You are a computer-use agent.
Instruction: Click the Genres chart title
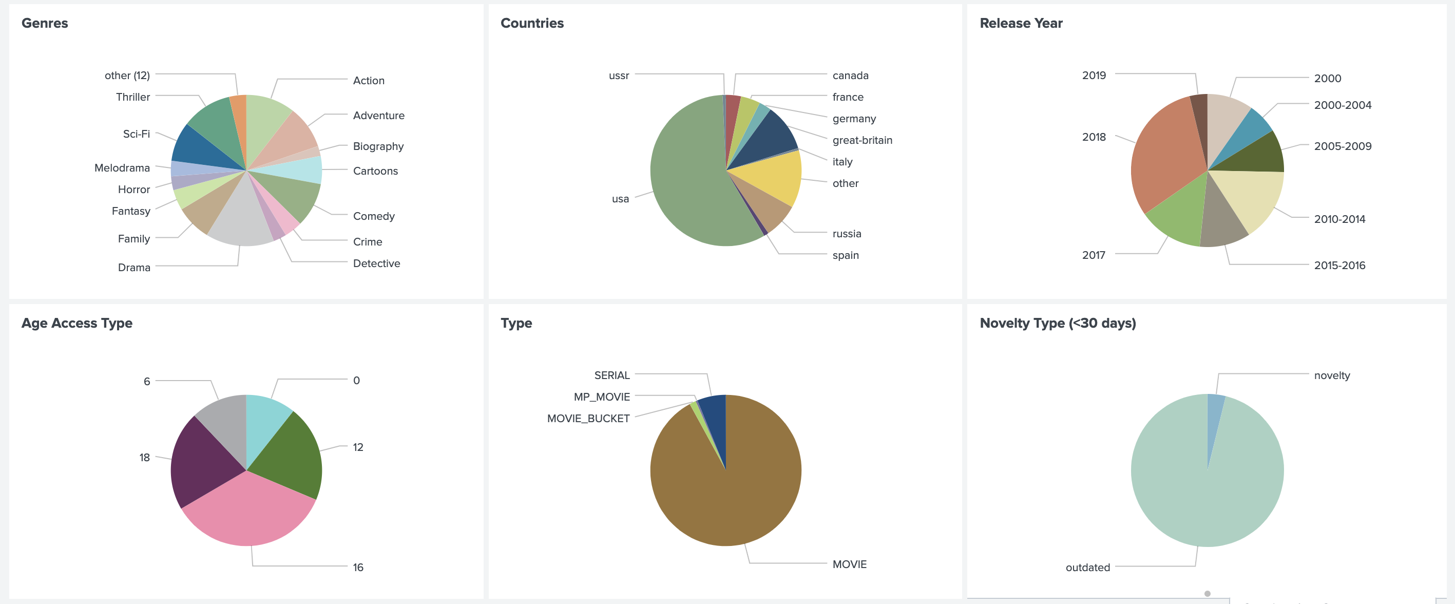45,23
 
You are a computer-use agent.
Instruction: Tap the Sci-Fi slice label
136,134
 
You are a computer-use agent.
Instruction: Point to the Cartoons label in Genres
375,171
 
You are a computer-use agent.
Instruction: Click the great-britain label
862,140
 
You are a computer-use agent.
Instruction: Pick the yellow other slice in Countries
777,175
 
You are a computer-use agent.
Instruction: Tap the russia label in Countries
846,234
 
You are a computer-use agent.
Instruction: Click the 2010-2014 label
1339,219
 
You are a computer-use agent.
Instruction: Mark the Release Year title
1021,23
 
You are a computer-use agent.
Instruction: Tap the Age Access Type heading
77,323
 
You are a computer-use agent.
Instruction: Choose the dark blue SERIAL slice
715,418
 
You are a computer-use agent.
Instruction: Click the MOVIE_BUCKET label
588,419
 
